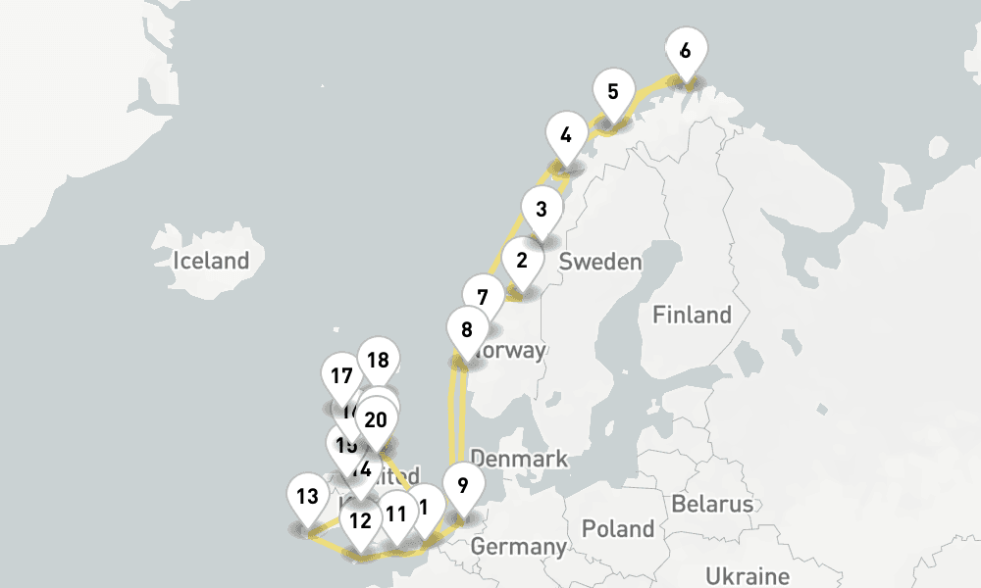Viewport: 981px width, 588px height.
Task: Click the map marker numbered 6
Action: (x=685, y=52)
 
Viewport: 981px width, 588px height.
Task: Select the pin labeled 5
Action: (x=613, y=94)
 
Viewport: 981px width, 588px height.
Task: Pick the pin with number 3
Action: (x=541, y=209)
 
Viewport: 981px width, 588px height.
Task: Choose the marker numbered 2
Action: (x=522, y=262)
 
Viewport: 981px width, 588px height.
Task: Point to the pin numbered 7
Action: (x=482, y=298)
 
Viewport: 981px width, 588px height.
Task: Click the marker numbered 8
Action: (x=467, y=330)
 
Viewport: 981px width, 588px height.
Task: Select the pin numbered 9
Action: (x=463, y=485)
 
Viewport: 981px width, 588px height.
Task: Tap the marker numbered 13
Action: (x=307, y=497)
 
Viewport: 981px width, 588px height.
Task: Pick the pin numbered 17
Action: (x=341, y=376)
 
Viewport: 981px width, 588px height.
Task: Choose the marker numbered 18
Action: (x=378, y=361)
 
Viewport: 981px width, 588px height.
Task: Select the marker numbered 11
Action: (x=396, y=514)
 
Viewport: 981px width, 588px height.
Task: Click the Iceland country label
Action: (x=211, y=262)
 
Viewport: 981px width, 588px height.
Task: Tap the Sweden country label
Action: (x=600, y=262)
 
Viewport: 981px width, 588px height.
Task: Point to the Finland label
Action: (x=693, y=315)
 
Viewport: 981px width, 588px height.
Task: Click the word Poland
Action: (x=618, y=529)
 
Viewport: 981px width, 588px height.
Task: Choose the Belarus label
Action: (x=713, y=505)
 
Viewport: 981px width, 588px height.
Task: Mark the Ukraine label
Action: (x=748, y=575)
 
